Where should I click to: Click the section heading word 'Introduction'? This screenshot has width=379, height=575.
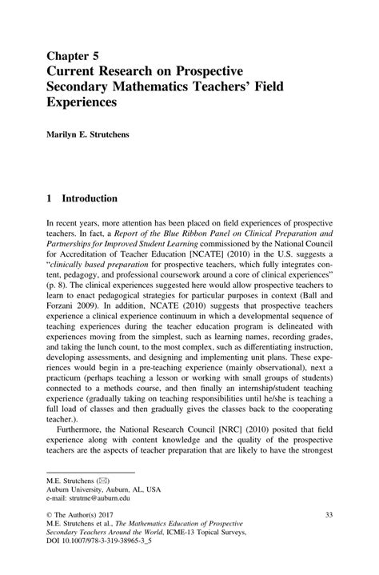[90, 198]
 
